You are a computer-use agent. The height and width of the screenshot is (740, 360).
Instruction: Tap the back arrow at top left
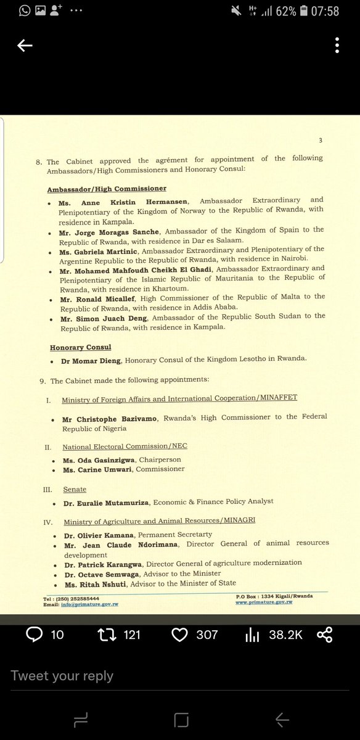25,46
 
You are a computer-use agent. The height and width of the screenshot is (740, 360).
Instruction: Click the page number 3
320,141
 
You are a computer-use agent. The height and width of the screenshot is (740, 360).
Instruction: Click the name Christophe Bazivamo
112,418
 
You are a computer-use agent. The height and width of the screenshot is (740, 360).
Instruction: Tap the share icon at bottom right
324,634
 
